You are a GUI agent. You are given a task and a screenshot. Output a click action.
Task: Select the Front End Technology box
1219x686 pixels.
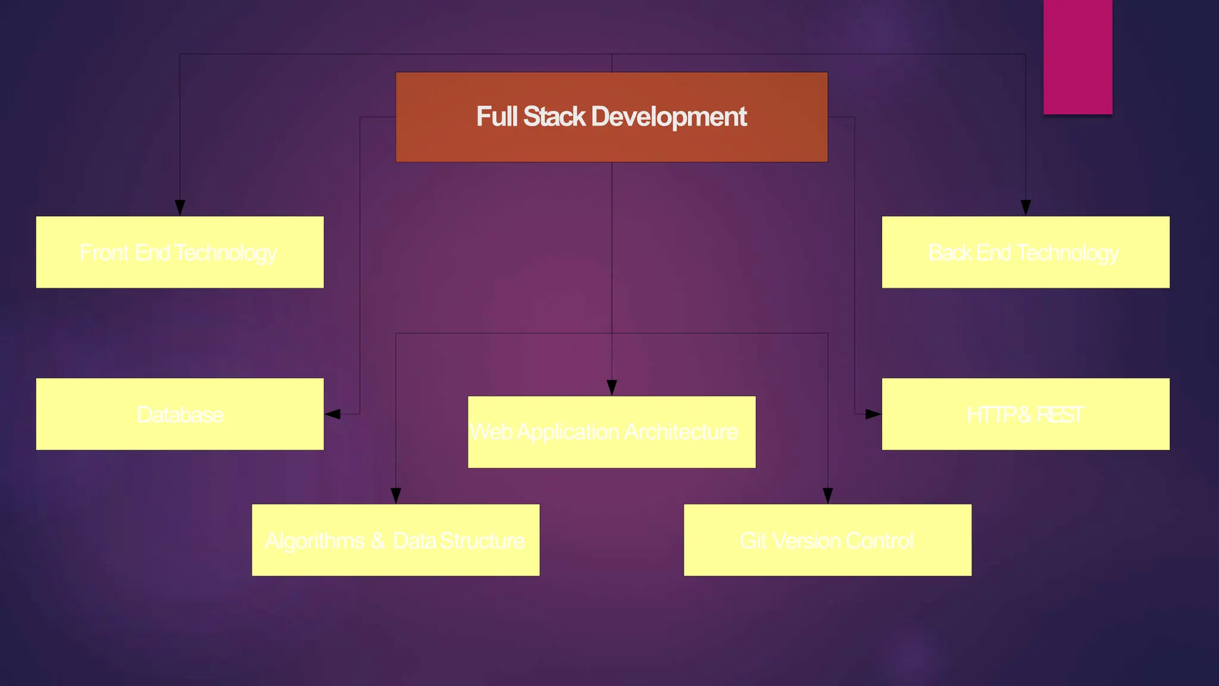click(x=180, y=252)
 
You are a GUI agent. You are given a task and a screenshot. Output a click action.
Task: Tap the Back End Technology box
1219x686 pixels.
click(x=1025, y=252)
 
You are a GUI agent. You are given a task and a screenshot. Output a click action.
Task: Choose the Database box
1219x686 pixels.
click(x=180, y=414)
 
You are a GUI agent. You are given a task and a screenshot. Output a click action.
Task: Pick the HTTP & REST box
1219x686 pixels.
click(x=1025, y=414)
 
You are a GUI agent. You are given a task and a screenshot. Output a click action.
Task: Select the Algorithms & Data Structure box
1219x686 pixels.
click(x=395, y=540)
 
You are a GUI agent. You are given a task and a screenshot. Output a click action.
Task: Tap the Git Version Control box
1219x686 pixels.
click(x=827, y=540)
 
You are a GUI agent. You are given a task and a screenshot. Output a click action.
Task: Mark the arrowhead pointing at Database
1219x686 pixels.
click(x=333, y=414)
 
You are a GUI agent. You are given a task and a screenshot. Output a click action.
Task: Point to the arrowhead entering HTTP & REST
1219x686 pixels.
click(x=873, y=414)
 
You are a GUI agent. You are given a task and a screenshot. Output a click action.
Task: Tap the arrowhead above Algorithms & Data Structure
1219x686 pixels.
click(x=396, y=495)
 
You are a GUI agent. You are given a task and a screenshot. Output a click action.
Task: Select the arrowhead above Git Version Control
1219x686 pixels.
click(x=827, y=495)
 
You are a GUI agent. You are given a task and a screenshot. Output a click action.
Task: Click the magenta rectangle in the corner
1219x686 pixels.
click(x=1077, y=57)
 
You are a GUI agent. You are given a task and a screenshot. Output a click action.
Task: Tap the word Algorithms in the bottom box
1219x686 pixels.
click(x=314, y=541)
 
